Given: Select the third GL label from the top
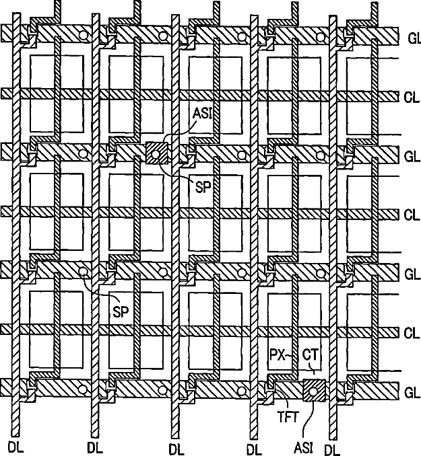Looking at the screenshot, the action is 412,274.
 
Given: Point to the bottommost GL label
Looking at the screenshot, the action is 412,391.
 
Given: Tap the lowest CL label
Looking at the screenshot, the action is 412,332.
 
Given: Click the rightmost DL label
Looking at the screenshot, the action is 332,447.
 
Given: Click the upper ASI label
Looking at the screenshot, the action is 201,114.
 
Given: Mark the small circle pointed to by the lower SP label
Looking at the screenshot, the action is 83,272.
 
